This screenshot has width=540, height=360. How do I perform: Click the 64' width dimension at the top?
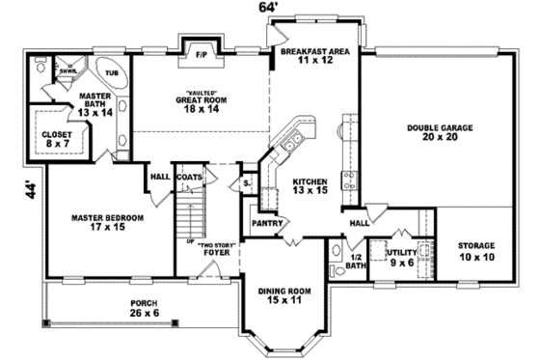(266, 9)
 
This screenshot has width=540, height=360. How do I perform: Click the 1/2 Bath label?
(354, 260)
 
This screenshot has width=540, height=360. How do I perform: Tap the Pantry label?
(265, 222)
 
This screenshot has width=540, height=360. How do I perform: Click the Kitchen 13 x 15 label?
(310, 186)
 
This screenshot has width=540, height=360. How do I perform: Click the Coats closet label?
(189, 178)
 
